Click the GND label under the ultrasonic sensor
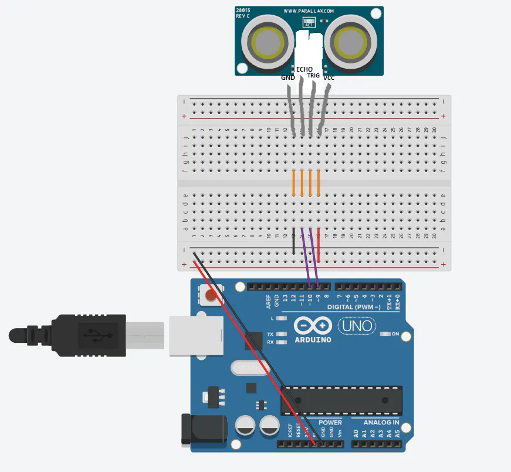[x=288, y=77]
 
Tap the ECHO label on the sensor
[x=304, y=69]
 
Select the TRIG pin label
[x=313, y=76]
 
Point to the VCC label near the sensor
[x=329, y=77]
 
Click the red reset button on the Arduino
[x=209, y=297]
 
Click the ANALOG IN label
[x=381, y=422]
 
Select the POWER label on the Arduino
[x=330, y=422]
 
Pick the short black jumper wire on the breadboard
[x=293, y=241]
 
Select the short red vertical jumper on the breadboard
[x=319, y=245]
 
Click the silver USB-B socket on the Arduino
[x=196, y=336]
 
